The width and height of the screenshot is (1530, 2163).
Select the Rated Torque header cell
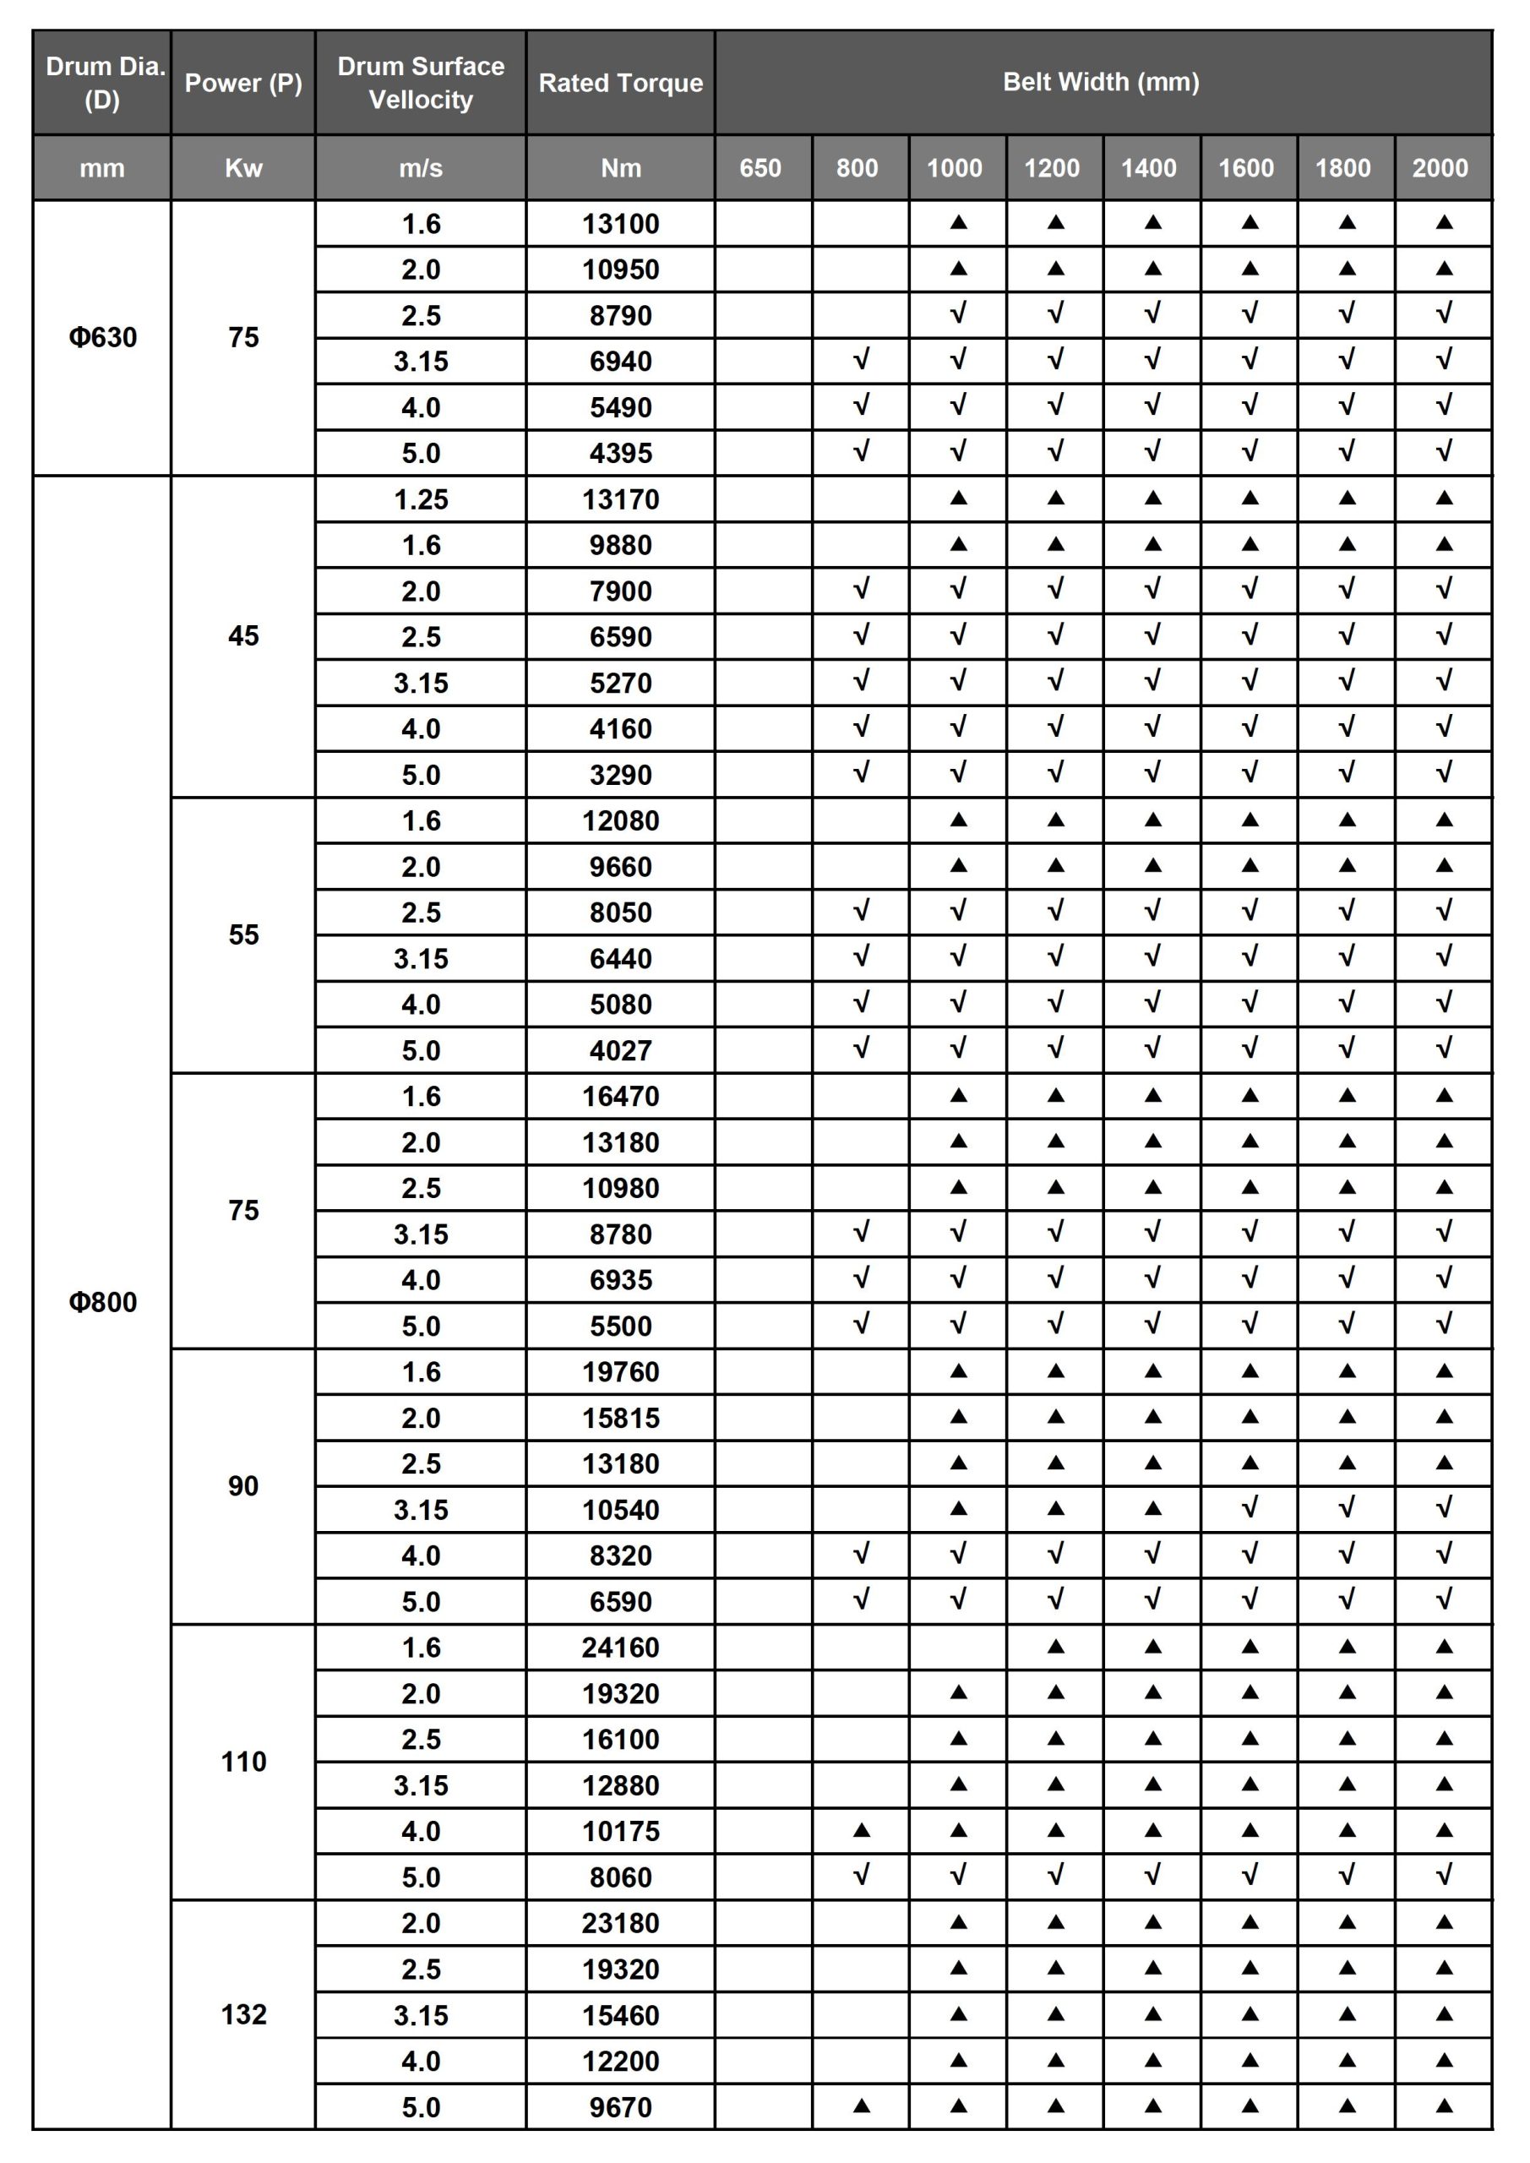[x=620, y=83]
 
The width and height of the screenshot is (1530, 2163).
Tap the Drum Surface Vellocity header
[x=420, y=83]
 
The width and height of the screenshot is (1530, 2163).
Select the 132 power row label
[x=243, y=2014]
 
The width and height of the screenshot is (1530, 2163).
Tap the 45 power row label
[x=243, y=636]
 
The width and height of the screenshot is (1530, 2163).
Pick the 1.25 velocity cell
[x=420, y=499]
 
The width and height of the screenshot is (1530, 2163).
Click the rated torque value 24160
[x=620, y=1648]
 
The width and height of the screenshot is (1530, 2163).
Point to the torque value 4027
[x=620, y=1050]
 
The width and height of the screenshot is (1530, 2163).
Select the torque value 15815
[x=620, y=1418]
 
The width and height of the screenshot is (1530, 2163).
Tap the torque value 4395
[x=620, y=453]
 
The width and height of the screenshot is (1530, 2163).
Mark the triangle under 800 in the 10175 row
[x=861, y=1830]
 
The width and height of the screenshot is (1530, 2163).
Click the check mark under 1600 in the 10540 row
[x=1250, y=1508]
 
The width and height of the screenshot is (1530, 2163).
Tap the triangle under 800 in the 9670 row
[x=861, y=2106]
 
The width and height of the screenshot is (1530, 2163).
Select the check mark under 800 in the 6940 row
[x=861, y=360]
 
